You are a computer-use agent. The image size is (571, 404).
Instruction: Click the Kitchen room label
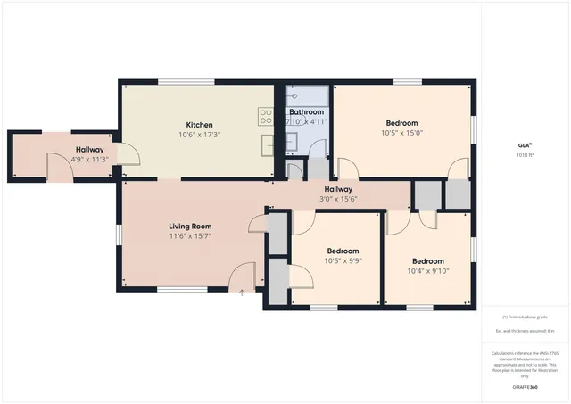pos(199,124)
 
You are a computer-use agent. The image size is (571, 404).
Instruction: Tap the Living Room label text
pos(190,227)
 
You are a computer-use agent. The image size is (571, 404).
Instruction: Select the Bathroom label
pos(306,112)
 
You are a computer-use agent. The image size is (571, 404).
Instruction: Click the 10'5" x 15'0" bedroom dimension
pos(401,133)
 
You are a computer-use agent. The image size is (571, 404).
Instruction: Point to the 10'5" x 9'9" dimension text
pos(343,261)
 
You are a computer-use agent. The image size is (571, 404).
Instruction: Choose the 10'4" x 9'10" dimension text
pos(427,271)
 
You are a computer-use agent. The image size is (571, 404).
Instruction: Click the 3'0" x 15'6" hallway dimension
pos(338,199)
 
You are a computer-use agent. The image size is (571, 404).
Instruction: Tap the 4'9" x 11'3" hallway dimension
pos(89,160)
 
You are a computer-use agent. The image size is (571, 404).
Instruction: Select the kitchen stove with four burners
pos(266,114)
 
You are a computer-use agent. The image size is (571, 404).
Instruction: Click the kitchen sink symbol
pos(267,142)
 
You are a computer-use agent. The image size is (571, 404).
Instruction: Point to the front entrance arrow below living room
pos(242,293)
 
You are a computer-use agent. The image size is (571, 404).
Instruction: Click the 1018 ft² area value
pos(525,154)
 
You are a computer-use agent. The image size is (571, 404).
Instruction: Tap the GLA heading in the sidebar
pos(525,144)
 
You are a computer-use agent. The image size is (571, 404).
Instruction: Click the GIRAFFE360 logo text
pos(525,388)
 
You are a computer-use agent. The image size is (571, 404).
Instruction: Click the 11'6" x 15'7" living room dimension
pos(190,236)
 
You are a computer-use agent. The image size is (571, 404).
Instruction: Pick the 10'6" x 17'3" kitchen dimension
pos(199,135)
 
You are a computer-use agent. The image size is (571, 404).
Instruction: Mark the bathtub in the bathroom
pos(307,96)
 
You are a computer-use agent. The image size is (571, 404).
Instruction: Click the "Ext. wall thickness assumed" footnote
pos(525,331)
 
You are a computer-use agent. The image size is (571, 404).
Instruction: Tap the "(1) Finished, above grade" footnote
pos(525,317)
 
